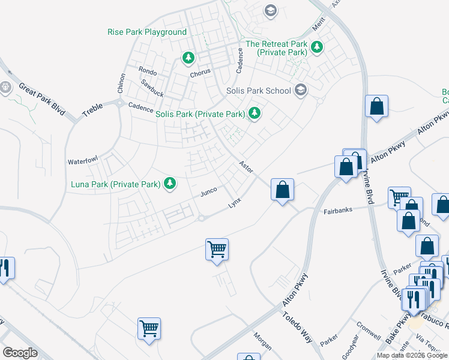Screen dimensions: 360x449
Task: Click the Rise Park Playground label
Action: click(x=147, y=32)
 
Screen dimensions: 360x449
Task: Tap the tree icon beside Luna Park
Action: click(x=170, y=184)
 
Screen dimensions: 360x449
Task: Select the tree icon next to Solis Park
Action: click(x=255, y=113)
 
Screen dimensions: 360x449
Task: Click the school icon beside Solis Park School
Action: click(x=301, y=91)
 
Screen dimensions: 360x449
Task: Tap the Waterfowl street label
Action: click(x=82, y=161)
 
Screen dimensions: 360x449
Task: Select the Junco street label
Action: click(x=208, y=191)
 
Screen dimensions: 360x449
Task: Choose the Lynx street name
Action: click(x=234, y=203)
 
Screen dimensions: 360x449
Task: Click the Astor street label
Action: click(x=245, y=166)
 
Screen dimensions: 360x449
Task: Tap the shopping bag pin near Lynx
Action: click(x=282, y=190)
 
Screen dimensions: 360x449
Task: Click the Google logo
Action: click(x=20, y=353)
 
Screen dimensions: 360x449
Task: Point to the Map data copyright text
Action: click(x=412, y=355)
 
